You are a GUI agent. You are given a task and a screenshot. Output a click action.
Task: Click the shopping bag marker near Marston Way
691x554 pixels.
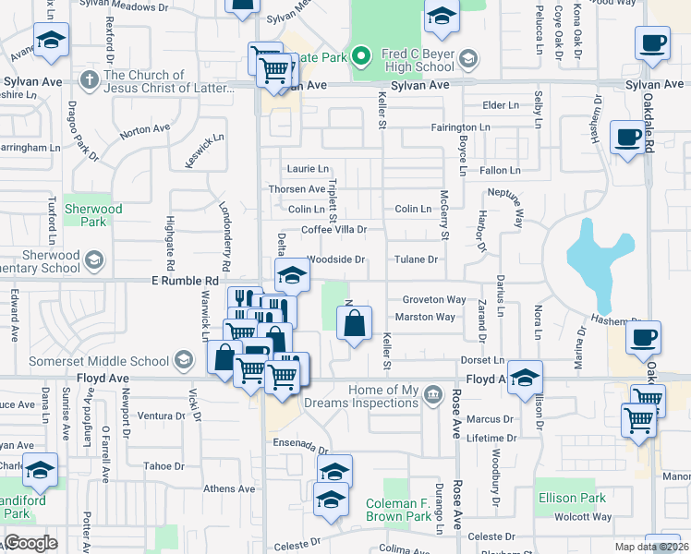pos(354,324)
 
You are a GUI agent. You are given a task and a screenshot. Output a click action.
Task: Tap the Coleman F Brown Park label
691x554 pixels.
pos(398,510)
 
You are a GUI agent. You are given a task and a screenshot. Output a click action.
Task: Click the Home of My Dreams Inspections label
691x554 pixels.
pos(384,396)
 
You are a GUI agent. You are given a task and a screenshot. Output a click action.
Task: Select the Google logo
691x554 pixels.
pos(30,543)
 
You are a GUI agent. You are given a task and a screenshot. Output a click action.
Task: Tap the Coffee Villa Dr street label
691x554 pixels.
pos(334,229)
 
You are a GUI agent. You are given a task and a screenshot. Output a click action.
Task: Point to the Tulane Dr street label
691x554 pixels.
pos(416,260)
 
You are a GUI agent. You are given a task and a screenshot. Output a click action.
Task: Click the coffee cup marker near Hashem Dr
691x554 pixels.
pos(644,337)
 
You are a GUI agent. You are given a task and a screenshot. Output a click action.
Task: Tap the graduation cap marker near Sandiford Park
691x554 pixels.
pos(40,472)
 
